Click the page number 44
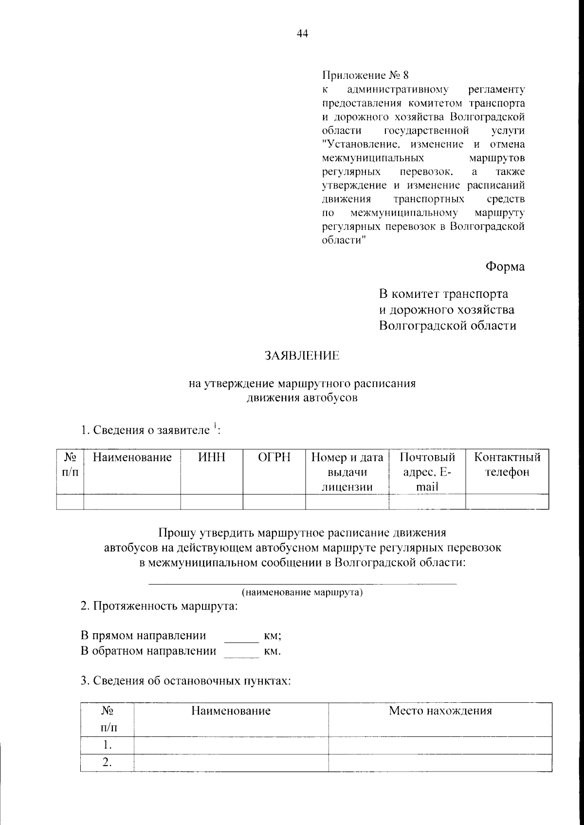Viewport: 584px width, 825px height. [302, 34]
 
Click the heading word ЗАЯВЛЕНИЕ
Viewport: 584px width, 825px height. [302, 356]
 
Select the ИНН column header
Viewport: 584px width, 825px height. [212, 457]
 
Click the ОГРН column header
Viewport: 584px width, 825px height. [274, 457]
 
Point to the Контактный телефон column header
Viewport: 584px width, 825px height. [507, 464]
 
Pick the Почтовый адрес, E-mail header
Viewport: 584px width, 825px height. [427, 471]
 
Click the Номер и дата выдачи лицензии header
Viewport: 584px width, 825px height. [347, 471]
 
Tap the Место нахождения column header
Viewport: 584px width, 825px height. [440, 711]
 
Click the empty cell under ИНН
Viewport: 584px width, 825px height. [212, 501]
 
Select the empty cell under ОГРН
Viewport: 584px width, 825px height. [274, 501]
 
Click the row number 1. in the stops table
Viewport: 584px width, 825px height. [107, 745]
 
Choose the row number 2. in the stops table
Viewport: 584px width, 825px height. [107, 763]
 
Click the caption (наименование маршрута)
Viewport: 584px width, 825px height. [302, 592]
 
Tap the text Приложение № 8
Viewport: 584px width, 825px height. [366, 76]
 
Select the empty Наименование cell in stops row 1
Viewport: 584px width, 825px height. [231, 745]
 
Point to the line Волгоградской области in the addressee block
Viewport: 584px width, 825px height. [447, 326]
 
